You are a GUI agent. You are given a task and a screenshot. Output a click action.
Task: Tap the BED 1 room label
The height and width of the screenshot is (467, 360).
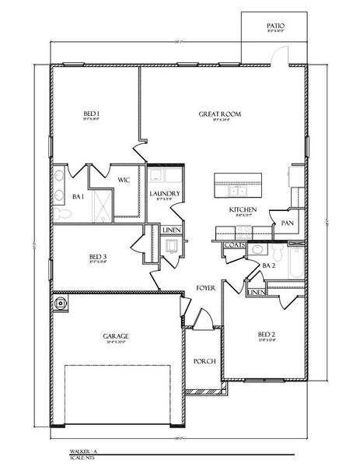click(92, 114)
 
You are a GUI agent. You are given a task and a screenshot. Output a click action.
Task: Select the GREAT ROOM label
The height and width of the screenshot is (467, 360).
click(219, 114)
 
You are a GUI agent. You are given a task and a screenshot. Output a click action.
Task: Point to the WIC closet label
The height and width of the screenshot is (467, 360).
click(123, 180)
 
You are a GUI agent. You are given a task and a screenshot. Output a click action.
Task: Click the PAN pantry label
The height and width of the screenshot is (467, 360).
click(287, 223)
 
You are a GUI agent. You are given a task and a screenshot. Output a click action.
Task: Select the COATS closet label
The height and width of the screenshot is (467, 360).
click(234, 244)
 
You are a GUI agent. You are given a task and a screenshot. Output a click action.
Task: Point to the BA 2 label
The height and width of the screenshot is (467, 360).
click(269, 266)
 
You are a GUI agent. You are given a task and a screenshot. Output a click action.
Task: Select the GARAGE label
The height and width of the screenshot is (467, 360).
click(116, 336)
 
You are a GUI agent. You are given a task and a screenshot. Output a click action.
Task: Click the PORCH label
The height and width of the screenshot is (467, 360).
click(204, 360)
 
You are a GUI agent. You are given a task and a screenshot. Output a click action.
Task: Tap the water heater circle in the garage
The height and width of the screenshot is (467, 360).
click(61, 303)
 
